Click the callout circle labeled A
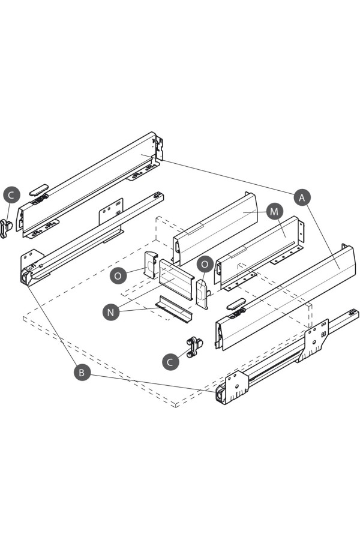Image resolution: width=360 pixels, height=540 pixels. (302, 197)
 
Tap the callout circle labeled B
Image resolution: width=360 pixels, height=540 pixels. (82, 373)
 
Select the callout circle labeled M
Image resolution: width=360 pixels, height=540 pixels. (274, 211)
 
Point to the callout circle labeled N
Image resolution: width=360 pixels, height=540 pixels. (110, 312)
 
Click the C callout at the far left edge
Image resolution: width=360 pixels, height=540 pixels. (11, 195)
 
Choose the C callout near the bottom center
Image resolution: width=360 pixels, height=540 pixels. (170, 362)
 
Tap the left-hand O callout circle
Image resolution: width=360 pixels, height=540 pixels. (118, 275)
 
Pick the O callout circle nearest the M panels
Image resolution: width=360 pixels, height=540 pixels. (205, 264)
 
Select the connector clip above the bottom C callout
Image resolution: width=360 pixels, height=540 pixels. (194, 347)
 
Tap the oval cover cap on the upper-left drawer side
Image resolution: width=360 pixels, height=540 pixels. (38, 190)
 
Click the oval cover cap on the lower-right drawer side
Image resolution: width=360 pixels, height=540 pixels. (236, 304)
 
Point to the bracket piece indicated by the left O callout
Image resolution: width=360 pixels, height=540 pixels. (151, 265)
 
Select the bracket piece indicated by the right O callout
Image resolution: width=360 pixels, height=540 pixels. (203, 295)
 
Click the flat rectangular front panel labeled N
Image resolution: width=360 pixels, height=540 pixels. (176, 279)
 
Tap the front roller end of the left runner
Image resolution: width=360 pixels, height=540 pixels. (27, 276)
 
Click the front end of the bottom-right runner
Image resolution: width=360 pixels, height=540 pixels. (221, 395)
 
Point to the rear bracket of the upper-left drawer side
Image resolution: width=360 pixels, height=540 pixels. (159, 148)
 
